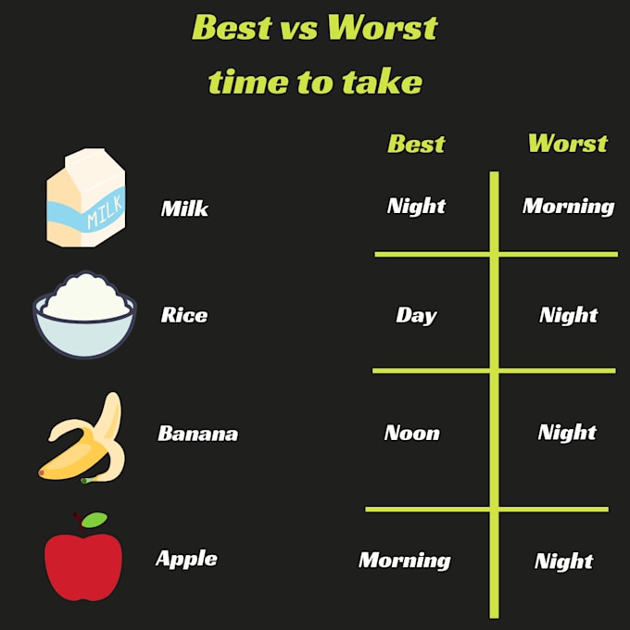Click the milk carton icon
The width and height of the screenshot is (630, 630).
tap(86, 197)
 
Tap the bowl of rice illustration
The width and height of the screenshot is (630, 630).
tap(84, 315)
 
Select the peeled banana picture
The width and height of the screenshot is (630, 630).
tap(82, 437)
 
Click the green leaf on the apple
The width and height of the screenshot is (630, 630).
tap(94, 520)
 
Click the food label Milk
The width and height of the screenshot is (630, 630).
tap(184, 208)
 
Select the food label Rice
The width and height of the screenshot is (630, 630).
tap(184, 315)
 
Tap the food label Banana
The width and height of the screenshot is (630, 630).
tap(197, 434)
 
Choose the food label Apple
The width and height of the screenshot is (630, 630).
tap(186, 559)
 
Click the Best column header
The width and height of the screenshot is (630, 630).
tap(416, 144)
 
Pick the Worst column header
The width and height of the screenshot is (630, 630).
tap(568, 143)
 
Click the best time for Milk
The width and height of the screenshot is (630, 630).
tap(416, 206)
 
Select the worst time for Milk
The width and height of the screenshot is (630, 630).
tap(569, 206)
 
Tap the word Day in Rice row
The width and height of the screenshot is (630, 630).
tap(416, 315)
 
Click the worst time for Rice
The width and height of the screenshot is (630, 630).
tap(569, 315)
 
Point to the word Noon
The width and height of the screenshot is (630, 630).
tap(412, 434)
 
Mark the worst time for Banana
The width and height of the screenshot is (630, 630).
tap(567, 433)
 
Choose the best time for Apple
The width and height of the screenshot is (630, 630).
tap(405, 561)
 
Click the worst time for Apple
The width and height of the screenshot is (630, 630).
tap(564, 561)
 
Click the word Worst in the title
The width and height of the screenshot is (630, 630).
tap(382, 28)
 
